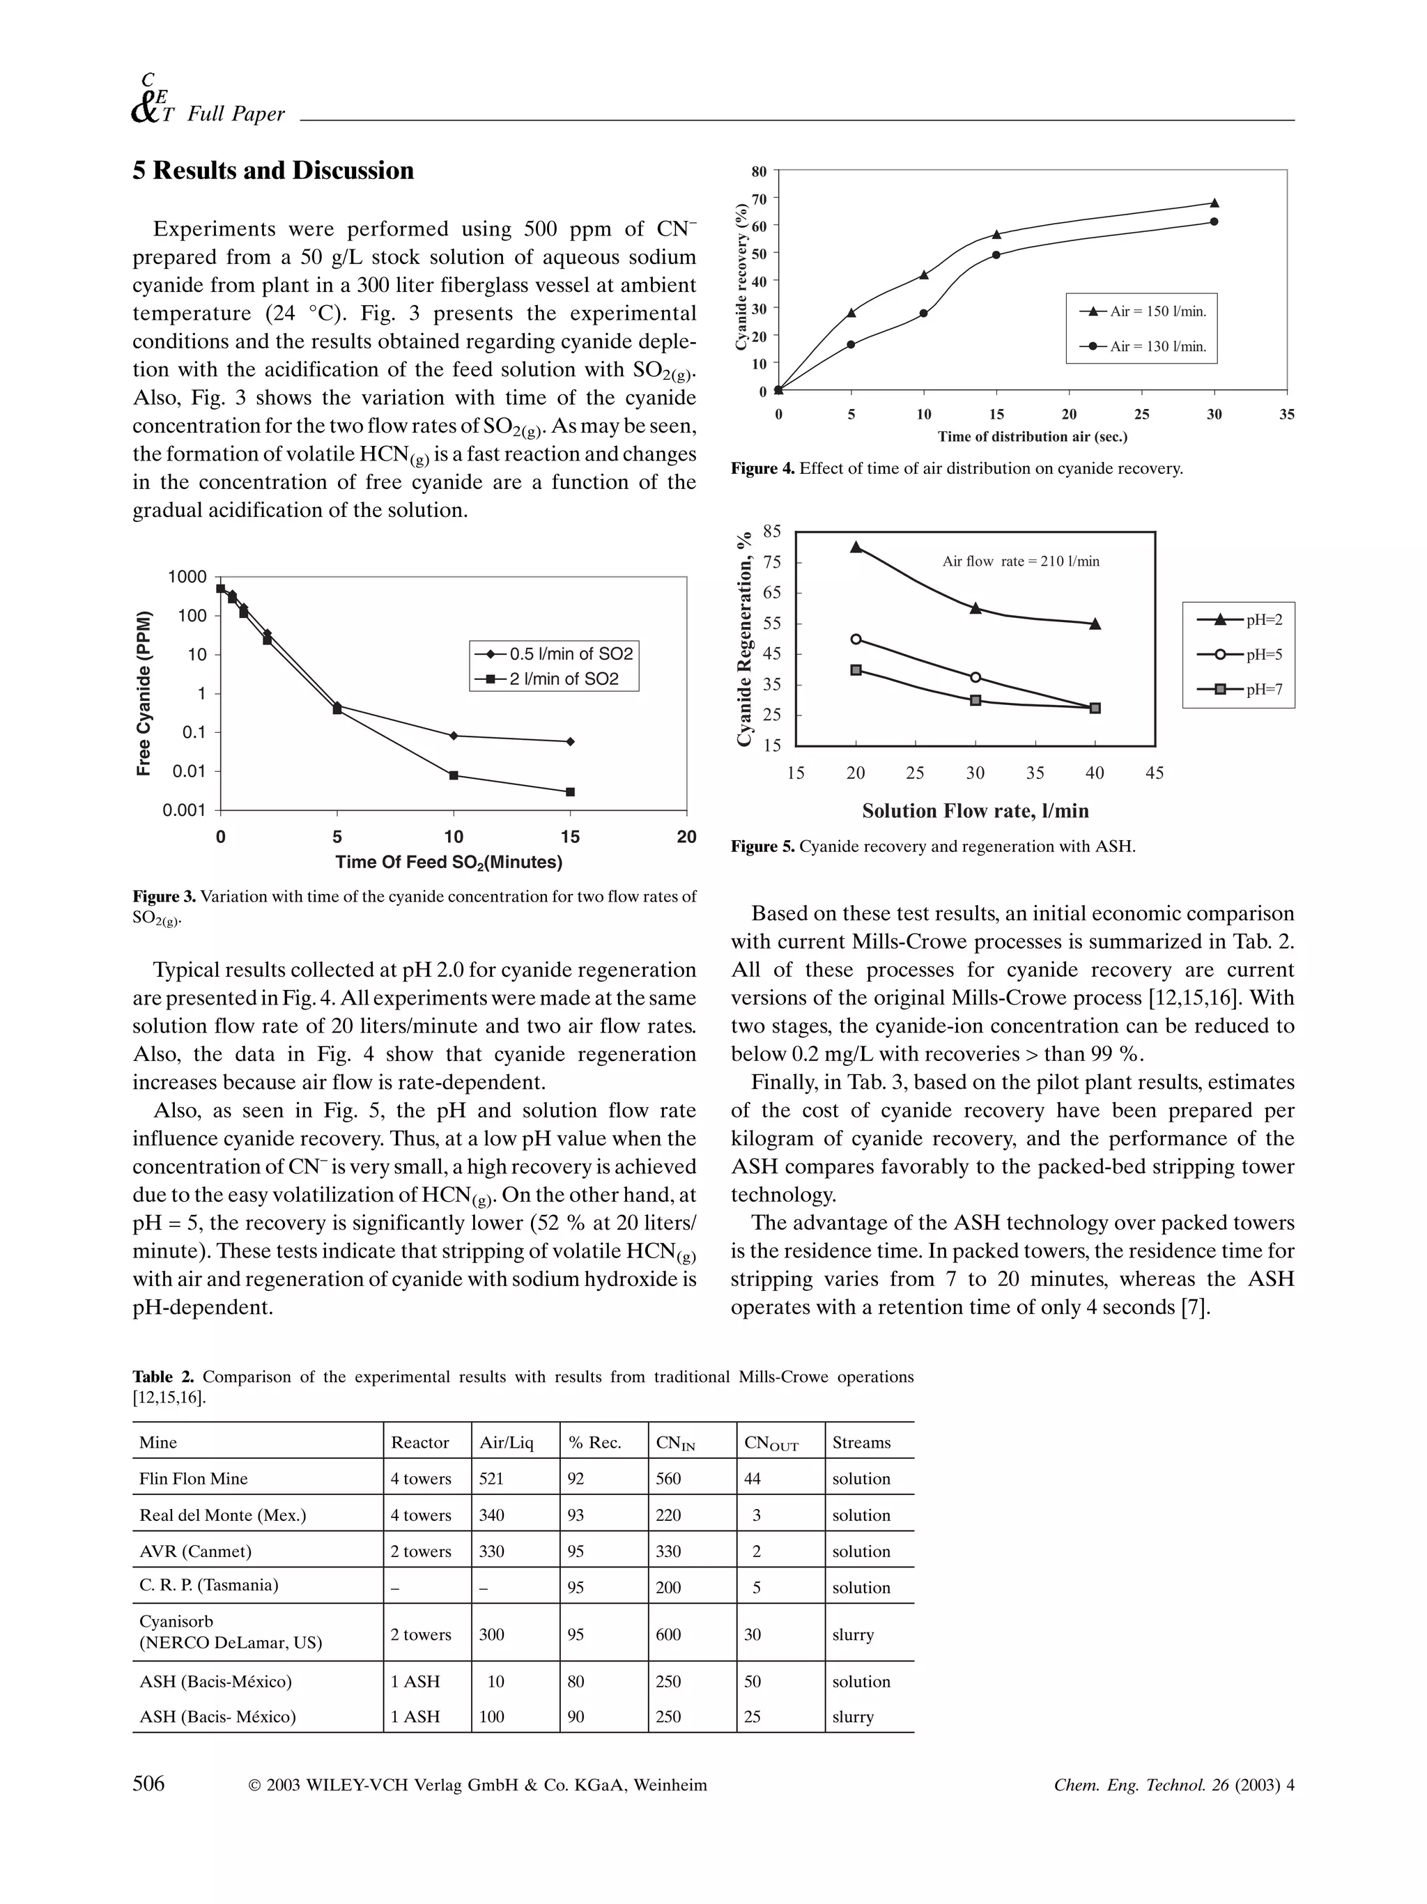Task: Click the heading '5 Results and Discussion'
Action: pyautogui.click(x=273, y=171)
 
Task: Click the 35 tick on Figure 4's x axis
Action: pyautogui.click(x=1286, y=414)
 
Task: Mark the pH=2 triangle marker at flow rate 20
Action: pyautogui.click(x=856, y=547)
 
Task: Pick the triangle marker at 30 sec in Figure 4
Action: pyautogui.click(x=1214, y=203)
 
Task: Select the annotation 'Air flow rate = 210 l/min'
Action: pyautogui.click(x=1021, y=562)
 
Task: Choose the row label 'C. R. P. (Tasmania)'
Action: pyautogui.click(x=208, y=1585)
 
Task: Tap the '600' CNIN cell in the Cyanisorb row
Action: pyautogui.click(x=668, y=1634)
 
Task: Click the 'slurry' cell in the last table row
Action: pyautogui.click(x=852, y=1717)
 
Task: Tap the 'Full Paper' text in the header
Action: pyautogui.click(x=236, y=114)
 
